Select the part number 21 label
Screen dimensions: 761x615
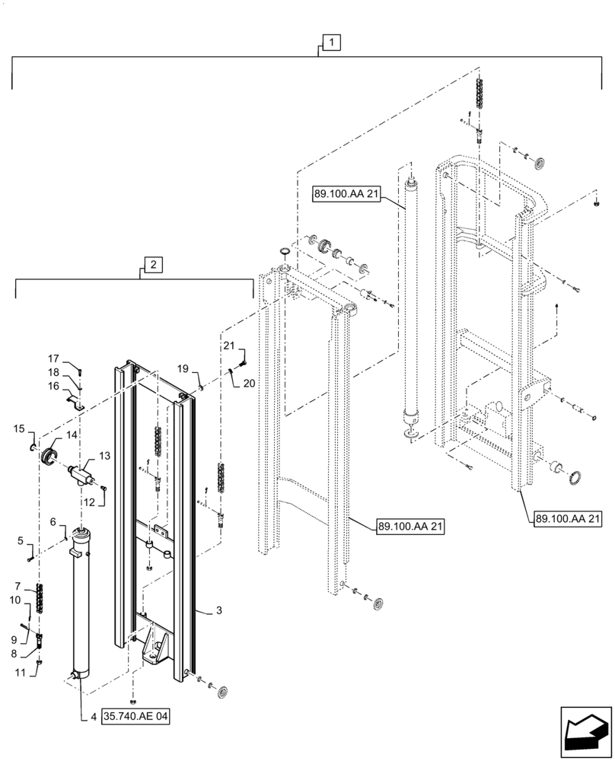[228, 347]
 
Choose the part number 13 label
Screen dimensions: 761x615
[105, 455]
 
